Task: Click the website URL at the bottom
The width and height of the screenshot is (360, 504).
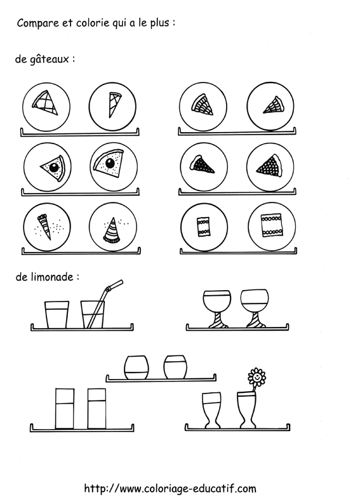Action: pos(170,488)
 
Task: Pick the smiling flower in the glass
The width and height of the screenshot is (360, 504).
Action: pos(256,376)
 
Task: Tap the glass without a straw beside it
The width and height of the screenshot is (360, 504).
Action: pos(57,314)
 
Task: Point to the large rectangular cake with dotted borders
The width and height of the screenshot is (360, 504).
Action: pos(271,225)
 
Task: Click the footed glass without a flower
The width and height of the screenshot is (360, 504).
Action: pos(211,409)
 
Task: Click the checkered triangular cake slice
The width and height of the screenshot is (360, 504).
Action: pos(44,102)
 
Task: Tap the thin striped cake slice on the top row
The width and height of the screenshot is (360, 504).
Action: pos(114,103)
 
